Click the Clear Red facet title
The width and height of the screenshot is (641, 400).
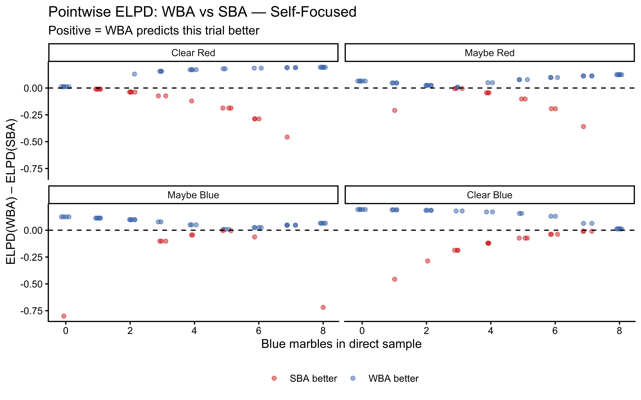click(193, 53)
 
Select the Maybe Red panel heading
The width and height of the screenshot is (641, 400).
click(489, 53)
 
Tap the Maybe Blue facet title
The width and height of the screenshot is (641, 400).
click(193, 195)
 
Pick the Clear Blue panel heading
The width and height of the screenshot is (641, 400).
click(489, 195)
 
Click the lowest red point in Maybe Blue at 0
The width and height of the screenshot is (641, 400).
click(64, 316)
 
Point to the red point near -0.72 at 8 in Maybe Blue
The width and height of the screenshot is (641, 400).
click(323, 307)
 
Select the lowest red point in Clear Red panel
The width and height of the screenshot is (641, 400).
click(287, 137)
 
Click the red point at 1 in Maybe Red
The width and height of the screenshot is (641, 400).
click(394, 110)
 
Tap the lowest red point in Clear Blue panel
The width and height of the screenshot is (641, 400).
click(394, 279)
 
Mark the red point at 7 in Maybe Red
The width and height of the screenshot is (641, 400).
click(583, 126)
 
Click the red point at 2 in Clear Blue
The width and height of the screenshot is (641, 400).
click(427, 261)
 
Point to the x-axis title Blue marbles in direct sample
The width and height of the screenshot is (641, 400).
click(341, 344)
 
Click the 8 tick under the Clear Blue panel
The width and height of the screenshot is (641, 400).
click(619, 331)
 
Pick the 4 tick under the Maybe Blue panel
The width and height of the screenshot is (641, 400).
click(194, 331)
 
